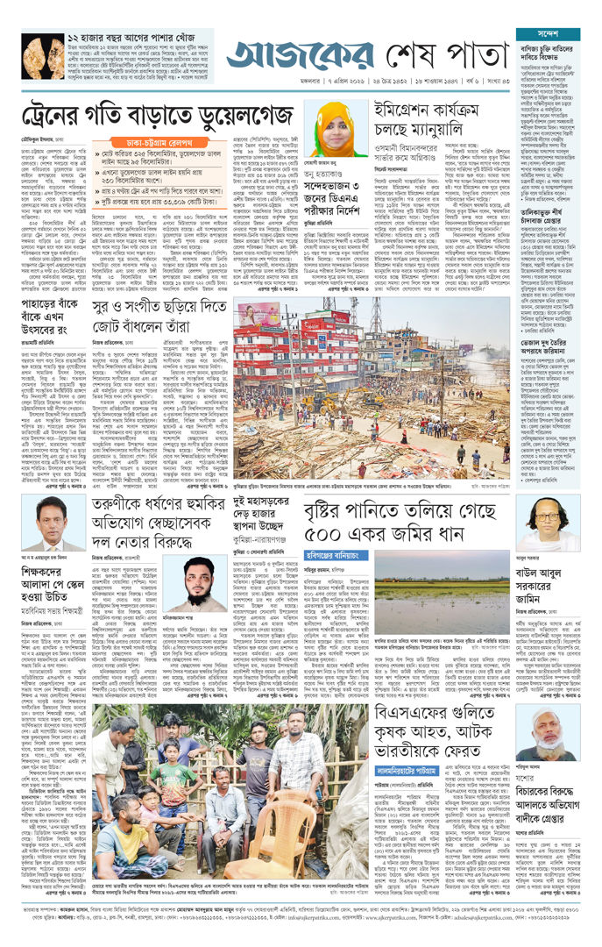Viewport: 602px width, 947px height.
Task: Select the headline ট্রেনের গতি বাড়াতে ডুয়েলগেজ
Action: click(x=158, y=113)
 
